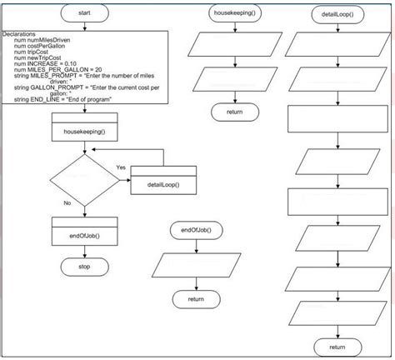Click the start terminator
click(x=85, y=13)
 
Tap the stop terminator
click(x=85, y=267)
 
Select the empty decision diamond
click(x=85, y=180)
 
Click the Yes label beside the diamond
click(x=121, y=167)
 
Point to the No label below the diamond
click(x=67, y=203)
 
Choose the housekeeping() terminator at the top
click(x=235, y=13)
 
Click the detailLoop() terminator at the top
click(x=337, y=14)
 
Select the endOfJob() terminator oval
click(x=196, y=230)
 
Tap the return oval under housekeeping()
click(x=235, y=112)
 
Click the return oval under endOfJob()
click(x=196, y=299)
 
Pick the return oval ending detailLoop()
click(x=337, y=347)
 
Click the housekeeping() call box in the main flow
click(x=85, y=127)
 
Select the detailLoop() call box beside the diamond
click(x=163, y=180)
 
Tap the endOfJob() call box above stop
click(x=85, y=232)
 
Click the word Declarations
click(x=19, y=34)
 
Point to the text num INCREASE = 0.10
click(x=45, y=63)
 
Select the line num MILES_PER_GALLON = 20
click(x=58, y=70)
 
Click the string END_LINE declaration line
click(x=62, y=99)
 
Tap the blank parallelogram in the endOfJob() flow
click(x=196, y=265)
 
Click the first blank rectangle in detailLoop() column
click(x=337, y=119)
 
